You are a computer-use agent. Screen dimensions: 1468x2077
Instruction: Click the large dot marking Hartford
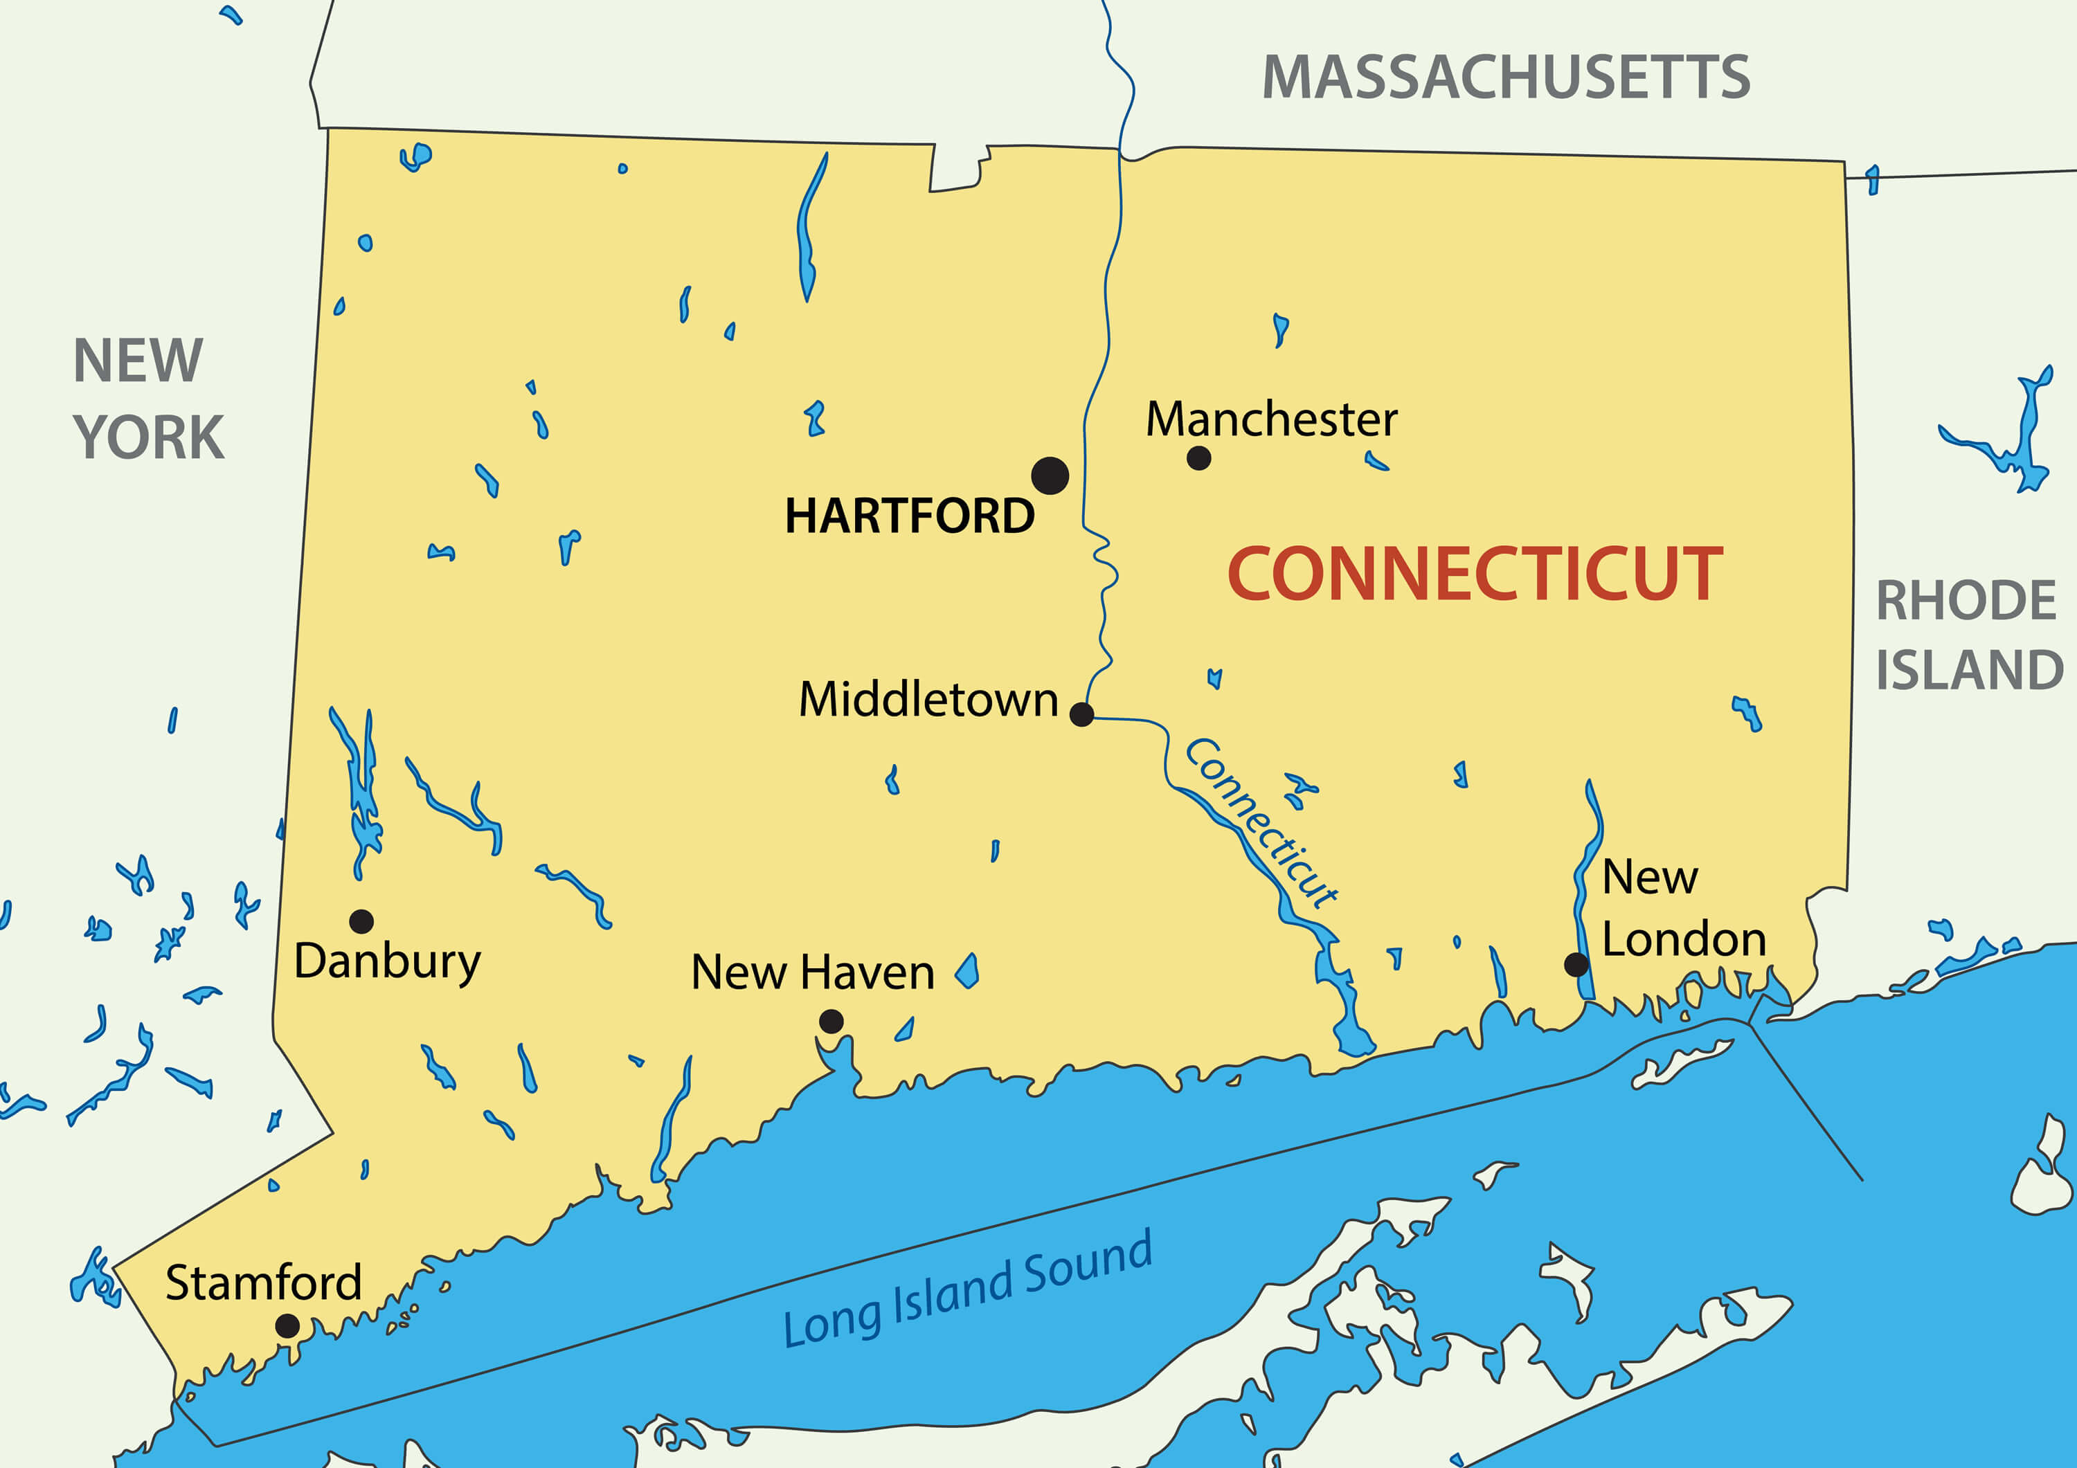(1050, 475)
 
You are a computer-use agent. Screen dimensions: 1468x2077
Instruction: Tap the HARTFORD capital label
(909, 516)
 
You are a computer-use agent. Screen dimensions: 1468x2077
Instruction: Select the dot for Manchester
(1198, 459)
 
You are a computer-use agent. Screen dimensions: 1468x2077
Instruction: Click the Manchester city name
(1271, 419)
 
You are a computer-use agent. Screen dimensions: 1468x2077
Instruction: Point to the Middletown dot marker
(1081, 714)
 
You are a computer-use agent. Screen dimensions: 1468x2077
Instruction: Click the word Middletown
(928, 700)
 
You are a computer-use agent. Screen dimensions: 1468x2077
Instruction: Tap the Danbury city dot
(361, 922)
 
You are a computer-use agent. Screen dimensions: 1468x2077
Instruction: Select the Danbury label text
(387, 962)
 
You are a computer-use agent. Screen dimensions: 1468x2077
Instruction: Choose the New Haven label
(812, 973)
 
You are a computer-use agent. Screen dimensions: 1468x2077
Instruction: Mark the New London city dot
(1576, 964)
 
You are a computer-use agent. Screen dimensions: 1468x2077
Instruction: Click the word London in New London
(1684, 940)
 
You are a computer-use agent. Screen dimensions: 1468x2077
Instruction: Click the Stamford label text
(263, 1283)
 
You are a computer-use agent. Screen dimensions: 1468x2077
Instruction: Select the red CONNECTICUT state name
(1475, 574)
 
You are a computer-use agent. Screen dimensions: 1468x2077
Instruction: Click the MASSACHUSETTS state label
(1507, 78)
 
